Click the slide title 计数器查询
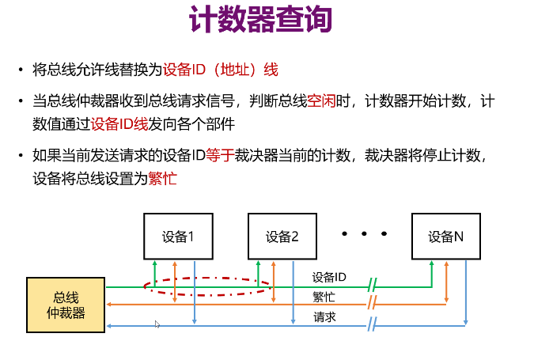[x=259, y=21]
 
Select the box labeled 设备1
[x=178, y=236]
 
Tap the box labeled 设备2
[x=282, y=236]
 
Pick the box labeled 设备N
[x=445, y=236]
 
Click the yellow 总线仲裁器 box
[x=66, y=305]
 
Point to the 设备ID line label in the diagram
[x=329, y=277]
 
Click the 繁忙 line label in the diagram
[x=324, y=297]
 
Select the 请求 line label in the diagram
[x=324, y=316]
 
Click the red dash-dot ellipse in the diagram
[x=207, y=279]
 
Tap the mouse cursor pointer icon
[x=157, y=324]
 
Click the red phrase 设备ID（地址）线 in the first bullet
[x=221, y=70]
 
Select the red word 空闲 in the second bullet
[x=322, y=101]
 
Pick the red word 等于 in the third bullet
[x=219, y=156]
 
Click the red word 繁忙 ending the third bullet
[x=162, y=179]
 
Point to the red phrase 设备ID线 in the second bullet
[x=119, y=124]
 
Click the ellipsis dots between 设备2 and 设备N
[x=364, y=234]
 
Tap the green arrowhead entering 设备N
[x=431, y=263]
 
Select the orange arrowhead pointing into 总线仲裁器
[x=109, y=304]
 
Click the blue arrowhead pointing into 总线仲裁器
[x=109, y=324]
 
